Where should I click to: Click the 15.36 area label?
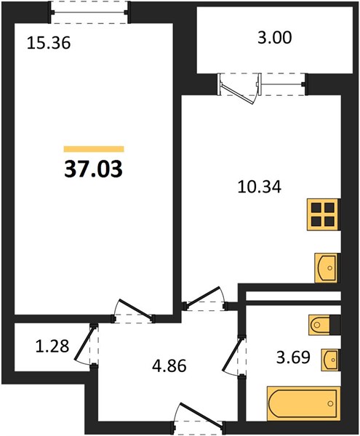(x=49, y=44)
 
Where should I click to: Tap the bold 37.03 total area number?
(x=94, y=169)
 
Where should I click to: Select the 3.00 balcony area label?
(x=275, y=38)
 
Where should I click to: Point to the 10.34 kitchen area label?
(x=260, y=187)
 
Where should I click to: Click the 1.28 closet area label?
(x=52, y=347)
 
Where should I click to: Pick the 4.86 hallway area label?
(x=169, y=366)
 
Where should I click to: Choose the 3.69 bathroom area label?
(x=293, y=358)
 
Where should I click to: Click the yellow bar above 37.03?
(x=94, y=149)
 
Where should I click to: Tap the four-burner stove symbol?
(x=324, y=214)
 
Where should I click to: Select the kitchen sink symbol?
(x=327, y=268)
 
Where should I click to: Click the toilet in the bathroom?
(x=324, y=324)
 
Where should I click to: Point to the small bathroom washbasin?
(x=331, y=360)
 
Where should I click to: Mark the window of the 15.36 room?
(x=89, y=12)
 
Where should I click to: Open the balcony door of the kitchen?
(x=240, y=89)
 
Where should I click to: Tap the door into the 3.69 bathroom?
(x=233, y=357)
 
